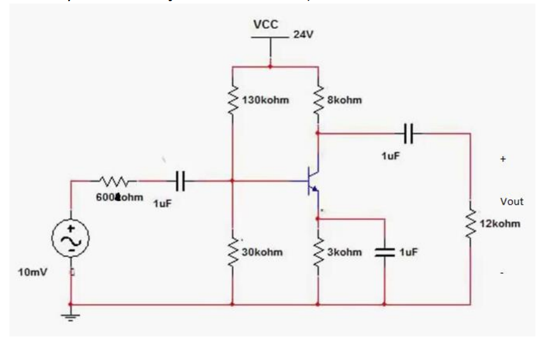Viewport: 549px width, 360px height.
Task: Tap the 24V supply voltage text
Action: pos(303,35)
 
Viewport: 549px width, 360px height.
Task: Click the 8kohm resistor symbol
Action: pos(317,100)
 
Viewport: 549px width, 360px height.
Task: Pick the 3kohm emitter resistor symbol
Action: pos(317,252)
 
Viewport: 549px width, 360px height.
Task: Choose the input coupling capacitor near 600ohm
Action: pos(181,181)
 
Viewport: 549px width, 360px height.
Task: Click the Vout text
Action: pos(511,202)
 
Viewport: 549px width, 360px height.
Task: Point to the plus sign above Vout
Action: pos(503,159)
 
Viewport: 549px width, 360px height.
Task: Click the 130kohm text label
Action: pos(266,100)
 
